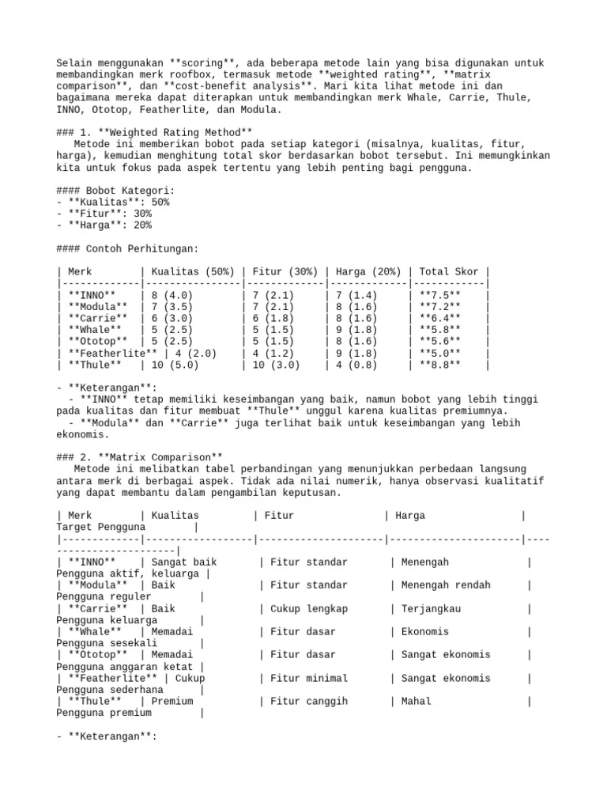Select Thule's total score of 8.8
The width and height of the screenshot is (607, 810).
[x=439, y=365]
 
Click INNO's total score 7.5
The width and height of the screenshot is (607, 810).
[x=439, y=295]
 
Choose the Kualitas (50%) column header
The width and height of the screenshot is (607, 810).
[x=193, y=271]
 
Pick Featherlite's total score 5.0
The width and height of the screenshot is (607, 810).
[x=439, y=354]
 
